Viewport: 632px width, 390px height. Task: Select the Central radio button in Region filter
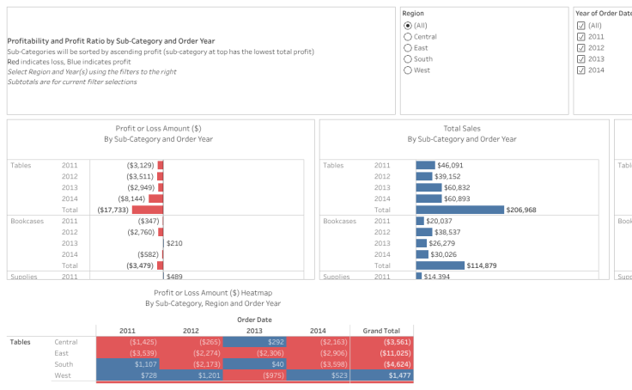coord(408,37)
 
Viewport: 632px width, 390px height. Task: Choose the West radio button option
coord(408,70)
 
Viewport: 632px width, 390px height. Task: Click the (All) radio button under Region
coord(408,26)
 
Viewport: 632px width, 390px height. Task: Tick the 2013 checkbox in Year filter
coord(581,59)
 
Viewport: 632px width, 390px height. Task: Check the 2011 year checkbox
coord(581,37)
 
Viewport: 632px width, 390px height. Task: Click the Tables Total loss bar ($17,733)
coord(148,210)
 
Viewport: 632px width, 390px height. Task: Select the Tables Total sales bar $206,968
coord(459,210)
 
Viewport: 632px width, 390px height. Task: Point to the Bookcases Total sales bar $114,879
coord(440,265)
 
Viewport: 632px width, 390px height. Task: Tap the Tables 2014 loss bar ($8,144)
coord(160,198)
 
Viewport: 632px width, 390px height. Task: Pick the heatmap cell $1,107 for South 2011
coord(127,364)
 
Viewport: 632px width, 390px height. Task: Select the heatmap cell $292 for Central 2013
coord(254,342)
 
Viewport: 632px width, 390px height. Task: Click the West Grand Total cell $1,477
coord(381,375)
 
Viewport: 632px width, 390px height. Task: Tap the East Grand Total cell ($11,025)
coord(381,353)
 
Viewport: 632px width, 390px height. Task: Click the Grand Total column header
coord(381,330)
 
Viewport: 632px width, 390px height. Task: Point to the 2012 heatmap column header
coord(191,330)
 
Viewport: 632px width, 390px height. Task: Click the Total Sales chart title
coord(462,128)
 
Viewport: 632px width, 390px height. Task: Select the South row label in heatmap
coord(64,364)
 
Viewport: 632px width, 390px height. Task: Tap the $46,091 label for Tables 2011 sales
coord(450,165)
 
